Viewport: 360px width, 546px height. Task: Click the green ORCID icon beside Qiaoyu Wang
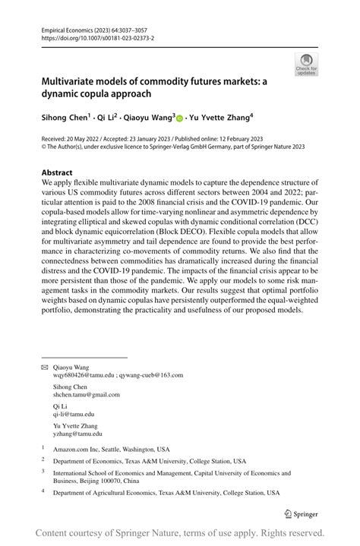pos(180,118)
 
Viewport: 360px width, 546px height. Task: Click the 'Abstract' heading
pos(57,172)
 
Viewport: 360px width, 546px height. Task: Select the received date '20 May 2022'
pos(90,141)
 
